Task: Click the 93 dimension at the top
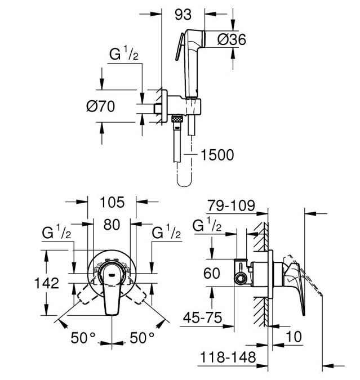(x=183, y=15)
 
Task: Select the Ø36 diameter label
(x=232, y=39)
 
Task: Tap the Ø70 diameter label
(x=101, y=106)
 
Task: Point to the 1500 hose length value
(x=217, y=155)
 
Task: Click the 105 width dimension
(x=112, y=202)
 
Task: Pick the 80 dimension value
(x=112, y=225)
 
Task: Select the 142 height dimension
(x=47, y=283)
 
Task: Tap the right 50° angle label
(x=142, y=338)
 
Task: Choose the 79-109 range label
(x=231, y=205)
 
